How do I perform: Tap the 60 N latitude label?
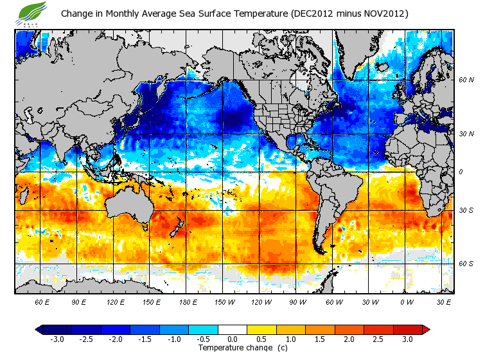click(466, 80)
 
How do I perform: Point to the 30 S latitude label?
click(466, 211)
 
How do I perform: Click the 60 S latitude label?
click(466, 264)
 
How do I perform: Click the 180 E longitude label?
click(188, 301)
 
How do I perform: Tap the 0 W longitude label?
click(406, 301)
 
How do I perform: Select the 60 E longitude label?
click(42, 301)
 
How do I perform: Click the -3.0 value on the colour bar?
click(57, 339)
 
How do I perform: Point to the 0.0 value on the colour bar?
click(232, 339)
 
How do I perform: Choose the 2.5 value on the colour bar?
click(379, 339)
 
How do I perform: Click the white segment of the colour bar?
click(232, 329)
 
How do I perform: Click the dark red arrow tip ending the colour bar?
click(426, 329)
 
